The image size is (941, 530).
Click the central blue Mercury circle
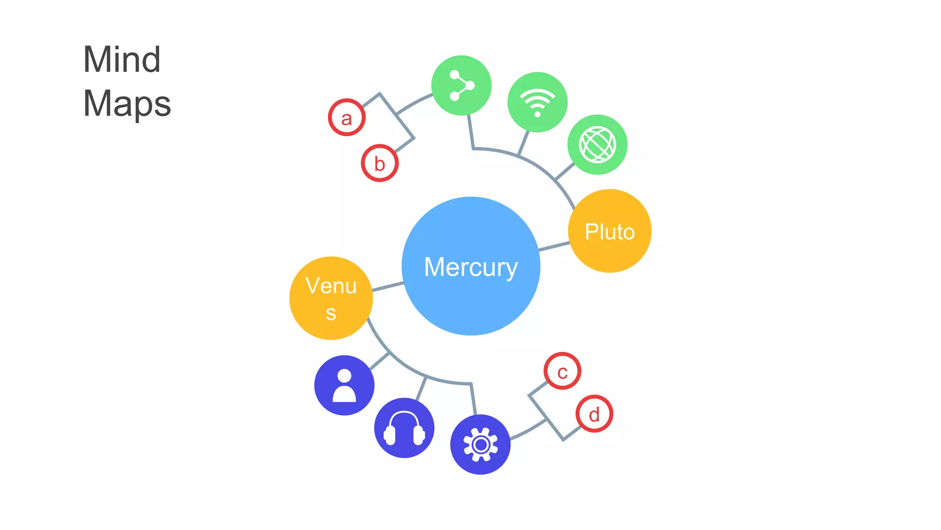point(470,266)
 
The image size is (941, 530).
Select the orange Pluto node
point(610,231)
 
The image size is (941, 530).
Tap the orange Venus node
point(331,298)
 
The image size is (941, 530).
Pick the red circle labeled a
point(346,117)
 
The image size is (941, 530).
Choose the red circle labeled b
point(380,163)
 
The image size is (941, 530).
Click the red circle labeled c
point(562,371)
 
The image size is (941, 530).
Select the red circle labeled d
point(594,414)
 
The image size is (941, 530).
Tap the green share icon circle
point(461,85)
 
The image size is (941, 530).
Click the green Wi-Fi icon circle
point(537,102)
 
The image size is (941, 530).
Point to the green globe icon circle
point(597,144)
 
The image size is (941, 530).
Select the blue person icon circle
point(344,385)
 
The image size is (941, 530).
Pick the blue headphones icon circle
point(404,428)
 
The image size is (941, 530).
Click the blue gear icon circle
point(480,444)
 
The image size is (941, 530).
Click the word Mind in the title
point(122,60)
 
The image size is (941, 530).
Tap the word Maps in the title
point(127,104)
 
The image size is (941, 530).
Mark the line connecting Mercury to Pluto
point(554,246)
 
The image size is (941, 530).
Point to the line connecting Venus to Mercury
point(388,287)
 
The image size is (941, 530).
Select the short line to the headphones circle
point(421,388)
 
